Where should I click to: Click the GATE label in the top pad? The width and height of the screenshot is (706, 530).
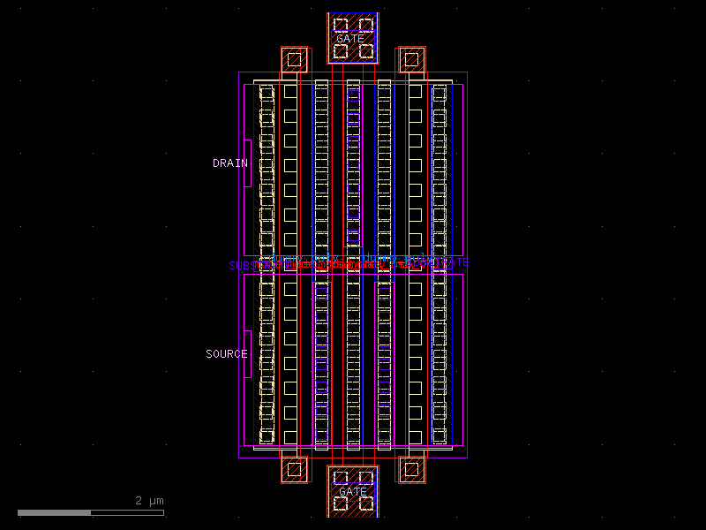[x=349, y=39]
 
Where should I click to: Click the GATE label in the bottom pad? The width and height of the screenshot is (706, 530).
[x=352, y=491]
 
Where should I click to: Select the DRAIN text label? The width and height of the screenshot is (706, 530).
[x=229, y=163]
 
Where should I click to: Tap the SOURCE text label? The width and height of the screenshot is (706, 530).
[x=227, y=354]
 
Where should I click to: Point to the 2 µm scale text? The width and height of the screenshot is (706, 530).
[x=149, y=501]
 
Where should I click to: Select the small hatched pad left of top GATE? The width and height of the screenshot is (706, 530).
[x=295, y=60]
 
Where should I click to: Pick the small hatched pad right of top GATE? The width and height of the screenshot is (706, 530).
[x=410, y=60]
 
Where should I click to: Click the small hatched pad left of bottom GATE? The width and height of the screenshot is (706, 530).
[x=295, y=469]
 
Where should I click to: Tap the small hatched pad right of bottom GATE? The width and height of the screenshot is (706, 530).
[x=410, y=469]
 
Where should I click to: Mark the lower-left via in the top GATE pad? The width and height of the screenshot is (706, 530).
[x=341, y=51]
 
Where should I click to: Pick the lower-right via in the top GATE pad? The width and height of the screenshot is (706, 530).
[x=365, y=51]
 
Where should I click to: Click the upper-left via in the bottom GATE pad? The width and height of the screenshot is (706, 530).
[x=341, y=478]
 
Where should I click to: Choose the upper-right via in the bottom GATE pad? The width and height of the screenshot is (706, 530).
[x=365, y=478]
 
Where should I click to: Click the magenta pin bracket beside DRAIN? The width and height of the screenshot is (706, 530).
[x=248, y=163]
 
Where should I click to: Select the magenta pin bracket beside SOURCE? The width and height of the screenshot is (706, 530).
[x=248, y=354]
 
